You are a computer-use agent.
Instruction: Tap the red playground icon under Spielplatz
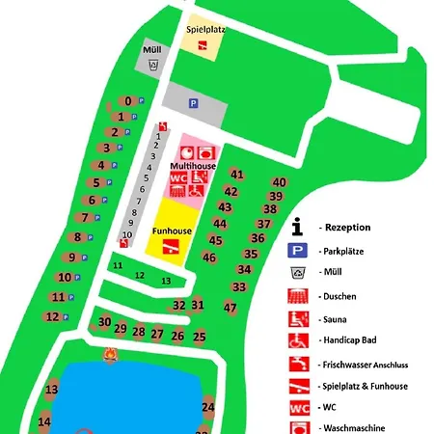(x=203, y=45)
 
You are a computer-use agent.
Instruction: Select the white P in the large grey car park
(x=193, y=103)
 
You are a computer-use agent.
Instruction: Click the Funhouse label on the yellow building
(x=171, y=231)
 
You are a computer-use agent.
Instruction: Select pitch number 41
(x=236, y=175)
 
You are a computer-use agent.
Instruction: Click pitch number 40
(x=280, y=182)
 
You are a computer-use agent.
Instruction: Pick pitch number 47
(x=231, y=308)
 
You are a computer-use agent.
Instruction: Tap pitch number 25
(x=200, y=337)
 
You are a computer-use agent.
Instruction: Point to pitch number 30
(x=105, y=322)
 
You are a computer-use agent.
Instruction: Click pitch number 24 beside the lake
(x=207, y=407)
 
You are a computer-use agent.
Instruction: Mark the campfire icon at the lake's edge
(x=111, y=358)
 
